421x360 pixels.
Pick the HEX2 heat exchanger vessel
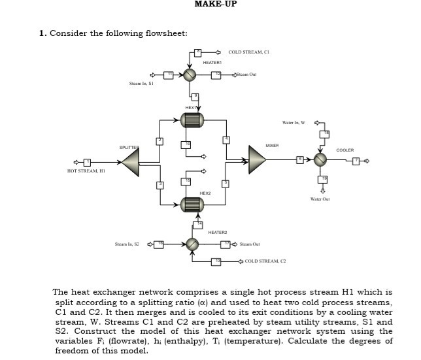[192, 203]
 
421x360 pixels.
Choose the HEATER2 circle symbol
[192, 244]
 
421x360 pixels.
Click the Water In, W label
[295, 122]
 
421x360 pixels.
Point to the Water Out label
[320, 199]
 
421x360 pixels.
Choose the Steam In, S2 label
[127, 244]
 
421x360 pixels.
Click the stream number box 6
[301, 159]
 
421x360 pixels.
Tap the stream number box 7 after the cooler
[356, 159]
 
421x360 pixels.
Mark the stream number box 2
[159, 140]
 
